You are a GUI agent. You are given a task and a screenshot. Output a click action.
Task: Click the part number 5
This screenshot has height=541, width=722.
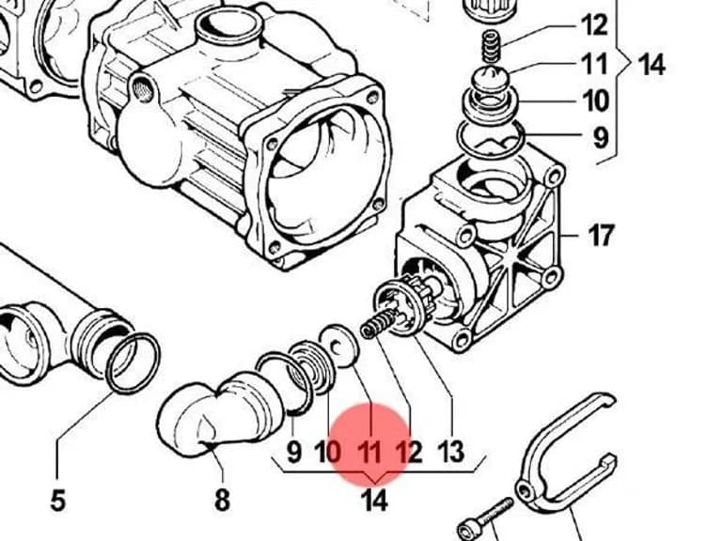[x=57, y=500]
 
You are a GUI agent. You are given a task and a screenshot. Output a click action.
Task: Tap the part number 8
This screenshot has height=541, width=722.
[x=223, y=500]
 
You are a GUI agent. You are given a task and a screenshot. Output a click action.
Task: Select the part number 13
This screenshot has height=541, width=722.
[x=450, y=452]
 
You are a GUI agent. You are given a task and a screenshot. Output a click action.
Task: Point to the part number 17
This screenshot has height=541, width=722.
[x=601, y=236]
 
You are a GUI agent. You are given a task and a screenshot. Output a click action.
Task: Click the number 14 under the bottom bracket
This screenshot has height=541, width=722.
[x=373, y=501]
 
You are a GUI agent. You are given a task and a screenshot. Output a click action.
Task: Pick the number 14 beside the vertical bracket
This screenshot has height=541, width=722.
[x=651, y=65]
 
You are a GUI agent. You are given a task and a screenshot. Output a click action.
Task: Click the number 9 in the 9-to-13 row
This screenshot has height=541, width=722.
[x=293, y=452]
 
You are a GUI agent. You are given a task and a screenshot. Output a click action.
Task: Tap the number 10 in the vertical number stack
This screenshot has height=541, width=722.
[x=595, y=100]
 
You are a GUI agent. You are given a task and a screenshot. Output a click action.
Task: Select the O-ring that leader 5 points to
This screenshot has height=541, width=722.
[x=133, y=363]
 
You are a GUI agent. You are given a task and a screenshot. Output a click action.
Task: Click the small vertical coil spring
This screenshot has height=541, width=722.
[x=491, y=46]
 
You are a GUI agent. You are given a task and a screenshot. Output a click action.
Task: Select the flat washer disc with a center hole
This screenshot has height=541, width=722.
[x=339, y=346]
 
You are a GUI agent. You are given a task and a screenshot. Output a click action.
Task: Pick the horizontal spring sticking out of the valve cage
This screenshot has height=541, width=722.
[x=378, y=323]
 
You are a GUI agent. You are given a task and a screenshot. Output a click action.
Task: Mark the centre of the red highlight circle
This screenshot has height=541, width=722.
[x=371, y=444]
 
